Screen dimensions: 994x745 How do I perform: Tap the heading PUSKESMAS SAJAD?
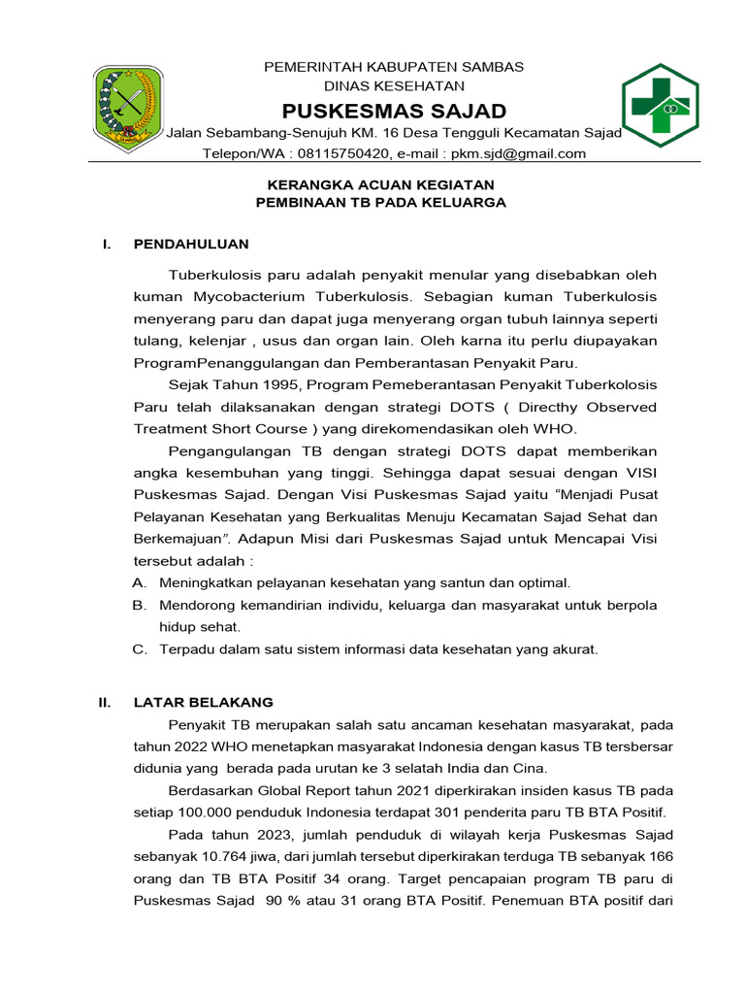click(394, 110)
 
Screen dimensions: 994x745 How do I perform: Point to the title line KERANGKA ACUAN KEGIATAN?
click(380, 184)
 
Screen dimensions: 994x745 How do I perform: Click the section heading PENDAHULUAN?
click(191, 244)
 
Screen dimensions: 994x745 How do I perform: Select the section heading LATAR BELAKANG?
click(204, 702)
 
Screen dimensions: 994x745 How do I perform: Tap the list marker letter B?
click(139, 605)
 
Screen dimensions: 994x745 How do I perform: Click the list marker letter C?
click(139, 649)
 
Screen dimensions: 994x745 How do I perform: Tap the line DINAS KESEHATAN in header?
click(394, 86)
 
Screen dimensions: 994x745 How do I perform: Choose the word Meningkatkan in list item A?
click(206, 582)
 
